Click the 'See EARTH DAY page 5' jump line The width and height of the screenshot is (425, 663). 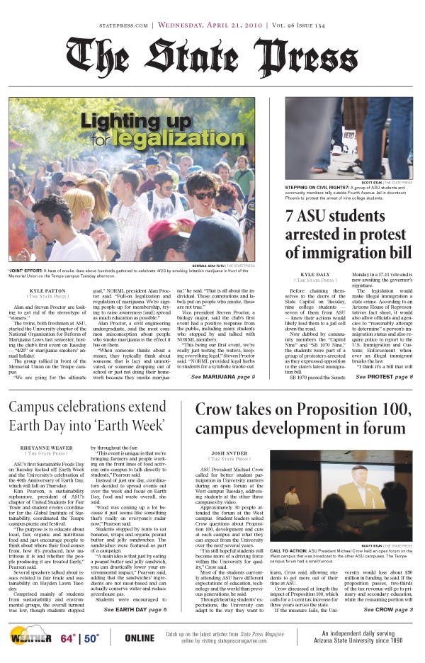tap(135, 609)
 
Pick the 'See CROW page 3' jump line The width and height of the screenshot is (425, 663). tap(388, 609)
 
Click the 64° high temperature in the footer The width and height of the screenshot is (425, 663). tap(69, 637)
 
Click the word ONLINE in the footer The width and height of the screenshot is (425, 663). tap(139, 637)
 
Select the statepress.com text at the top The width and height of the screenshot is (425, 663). tap(123, 25)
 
